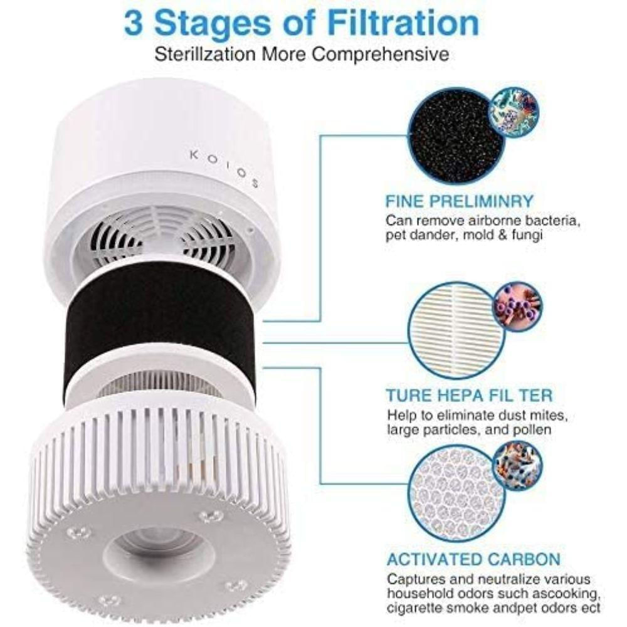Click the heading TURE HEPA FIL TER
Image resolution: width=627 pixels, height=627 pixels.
coord(468,395)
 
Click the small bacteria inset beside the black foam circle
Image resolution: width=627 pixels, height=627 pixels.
coord(514,110)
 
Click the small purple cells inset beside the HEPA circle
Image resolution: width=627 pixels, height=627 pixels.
coord(519,305)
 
